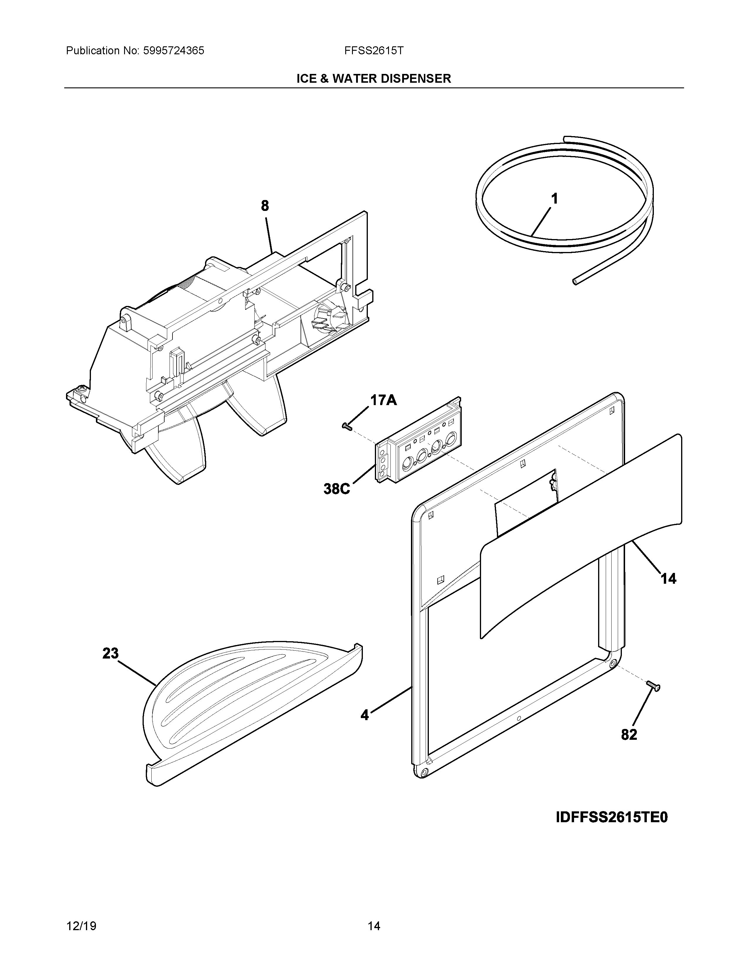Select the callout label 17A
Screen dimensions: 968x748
coord(383,400)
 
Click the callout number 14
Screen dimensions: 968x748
coord(669,578)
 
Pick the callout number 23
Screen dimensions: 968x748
coord(111,653)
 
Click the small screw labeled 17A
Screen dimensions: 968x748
coord(346,427)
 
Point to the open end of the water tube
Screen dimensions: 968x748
coord(575,281)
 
